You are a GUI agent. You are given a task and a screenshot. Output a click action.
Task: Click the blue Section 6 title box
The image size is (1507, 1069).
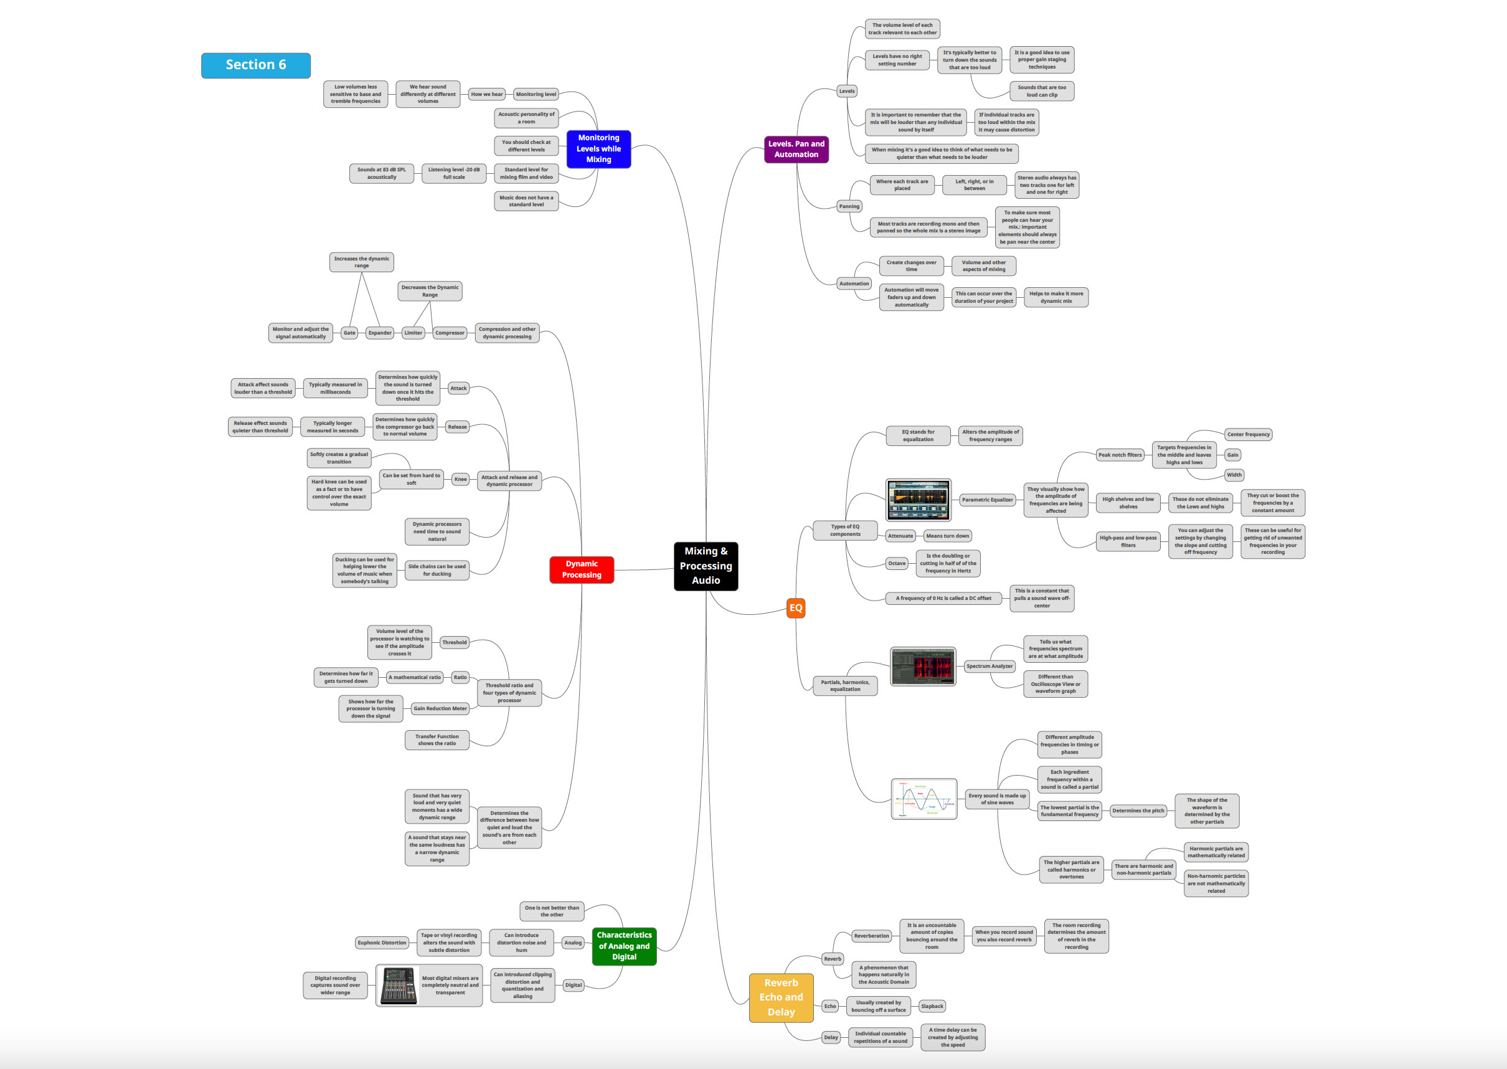pos(255,65)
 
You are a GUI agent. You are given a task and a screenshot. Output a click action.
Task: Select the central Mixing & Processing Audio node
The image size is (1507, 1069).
pos(706,566)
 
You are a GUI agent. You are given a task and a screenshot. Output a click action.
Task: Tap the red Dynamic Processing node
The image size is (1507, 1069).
pos(581,569)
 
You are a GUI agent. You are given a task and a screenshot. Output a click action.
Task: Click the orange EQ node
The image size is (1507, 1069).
pos(796,607)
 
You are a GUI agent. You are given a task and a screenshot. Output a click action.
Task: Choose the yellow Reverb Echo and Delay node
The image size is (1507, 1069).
pos(780,997)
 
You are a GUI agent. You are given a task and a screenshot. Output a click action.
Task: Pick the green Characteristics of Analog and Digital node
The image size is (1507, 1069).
pos(624,946)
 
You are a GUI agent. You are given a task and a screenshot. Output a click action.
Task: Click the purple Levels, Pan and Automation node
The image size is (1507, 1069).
pos(796,150)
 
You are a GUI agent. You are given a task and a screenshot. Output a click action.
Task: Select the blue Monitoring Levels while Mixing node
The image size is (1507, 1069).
pos(598,149)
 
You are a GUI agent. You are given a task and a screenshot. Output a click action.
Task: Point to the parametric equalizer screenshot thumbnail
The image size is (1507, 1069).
pos(918,500)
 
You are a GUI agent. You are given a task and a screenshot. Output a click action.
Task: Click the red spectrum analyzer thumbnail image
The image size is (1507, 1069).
pos(923,666)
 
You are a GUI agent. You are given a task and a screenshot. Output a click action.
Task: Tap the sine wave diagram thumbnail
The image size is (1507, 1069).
pos(924,799)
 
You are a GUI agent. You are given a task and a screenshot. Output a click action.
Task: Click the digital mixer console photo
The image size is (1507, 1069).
pos(399,986)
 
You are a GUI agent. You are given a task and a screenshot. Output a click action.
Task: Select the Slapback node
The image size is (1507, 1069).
pos(932,1006)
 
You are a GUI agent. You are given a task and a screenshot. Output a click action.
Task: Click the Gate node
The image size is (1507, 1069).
pos(349,333)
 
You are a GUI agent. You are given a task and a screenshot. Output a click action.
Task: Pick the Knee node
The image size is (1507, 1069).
pos(461,479)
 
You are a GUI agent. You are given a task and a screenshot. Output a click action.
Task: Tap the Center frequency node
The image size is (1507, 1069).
pos(1249,434)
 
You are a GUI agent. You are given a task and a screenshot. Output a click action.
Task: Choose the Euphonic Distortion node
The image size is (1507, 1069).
pos(382,943)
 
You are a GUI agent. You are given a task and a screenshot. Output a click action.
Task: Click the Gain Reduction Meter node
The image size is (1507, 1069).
pos(440,709)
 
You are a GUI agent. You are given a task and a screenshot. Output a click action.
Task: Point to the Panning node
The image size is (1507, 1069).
pos(849,206)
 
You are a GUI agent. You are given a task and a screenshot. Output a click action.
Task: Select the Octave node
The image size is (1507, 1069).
pos(896,563)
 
